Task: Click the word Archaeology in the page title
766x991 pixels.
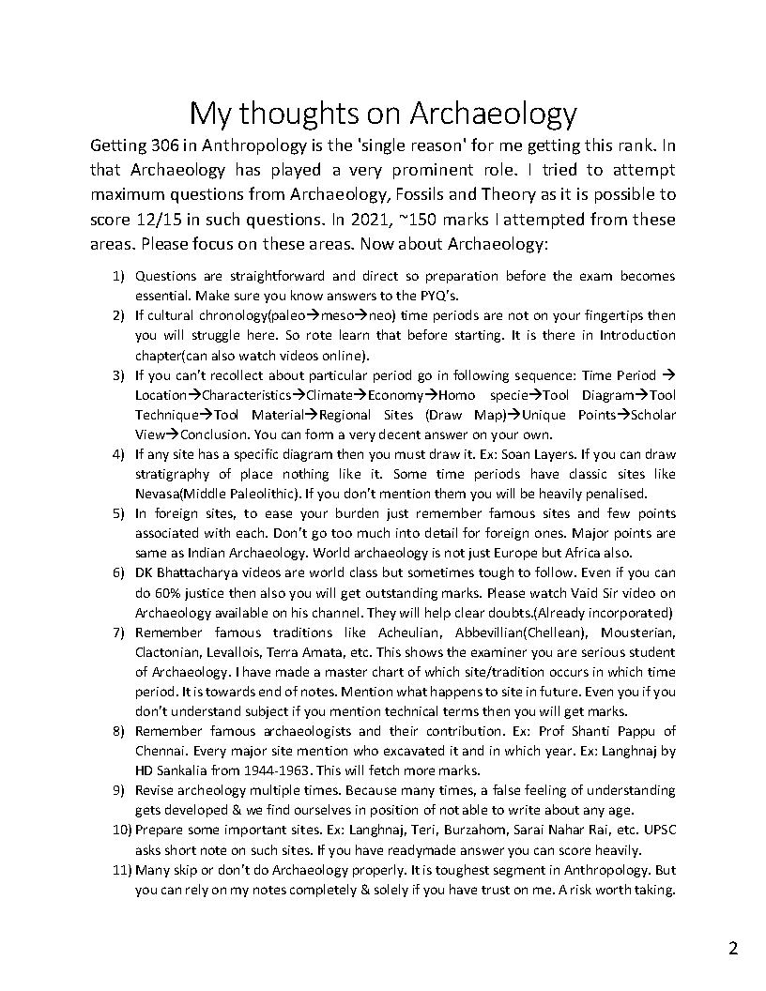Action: click(x=493, y=114)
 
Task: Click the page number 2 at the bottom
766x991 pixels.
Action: click(x=733, y=948)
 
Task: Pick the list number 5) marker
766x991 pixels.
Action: click(x=118, y=513)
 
